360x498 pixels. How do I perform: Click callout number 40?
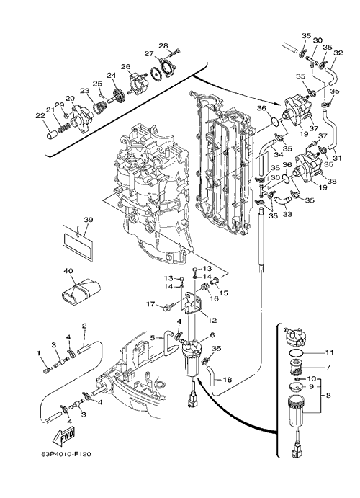pyautogui.click(x=68, y=271)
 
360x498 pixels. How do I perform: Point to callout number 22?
pyautogui.click(x=40, y=116)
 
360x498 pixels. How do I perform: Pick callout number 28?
pyautogui.click(x=163, y=45)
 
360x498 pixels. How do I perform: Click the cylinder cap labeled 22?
pyautogui.click(x=51, y=135)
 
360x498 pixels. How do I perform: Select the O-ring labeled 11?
pyautogui.click(x=296, y=352)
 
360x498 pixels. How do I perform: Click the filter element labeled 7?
pyautogui.click(x=296, y=370)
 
